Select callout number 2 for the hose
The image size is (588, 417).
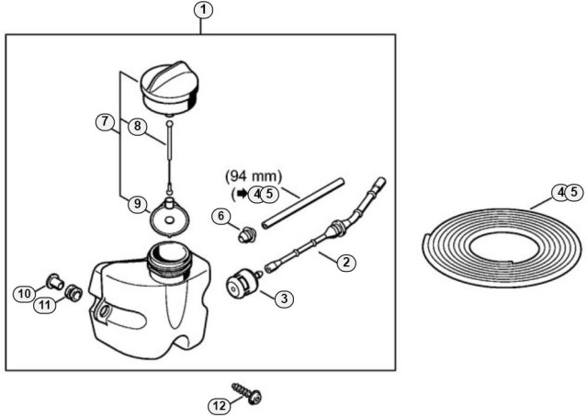pyautogui.click(x=345, y=264)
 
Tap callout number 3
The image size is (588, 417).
pyautogui.click(x=285, y=298)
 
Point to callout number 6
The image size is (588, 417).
pyautogui.click(x=221, y=215)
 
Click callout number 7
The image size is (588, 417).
pyautogui.click(x=107, y=121)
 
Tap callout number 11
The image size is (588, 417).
pyautogui.click(x=44, y=304)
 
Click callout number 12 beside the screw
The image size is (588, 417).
pyautogui.click(x=218, y=403)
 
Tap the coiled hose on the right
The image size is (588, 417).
pyautogui.click(x=495, y=240)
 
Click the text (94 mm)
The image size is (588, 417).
pyautogui.click(x=254, y=175)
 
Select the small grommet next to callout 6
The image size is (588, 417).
pyautogui.click(x=244, y=235)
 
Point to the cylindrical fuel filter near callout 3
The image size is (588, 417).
pyautogui.click(x=243, y=283)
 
